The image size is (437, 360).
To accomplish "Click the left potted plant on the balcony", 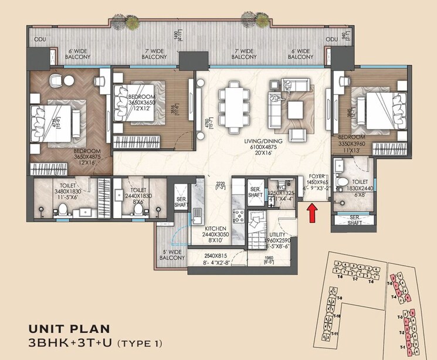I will (x=133, y=21).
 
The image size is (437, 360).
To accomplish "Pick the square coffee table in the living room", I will (x=295, y=108).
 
